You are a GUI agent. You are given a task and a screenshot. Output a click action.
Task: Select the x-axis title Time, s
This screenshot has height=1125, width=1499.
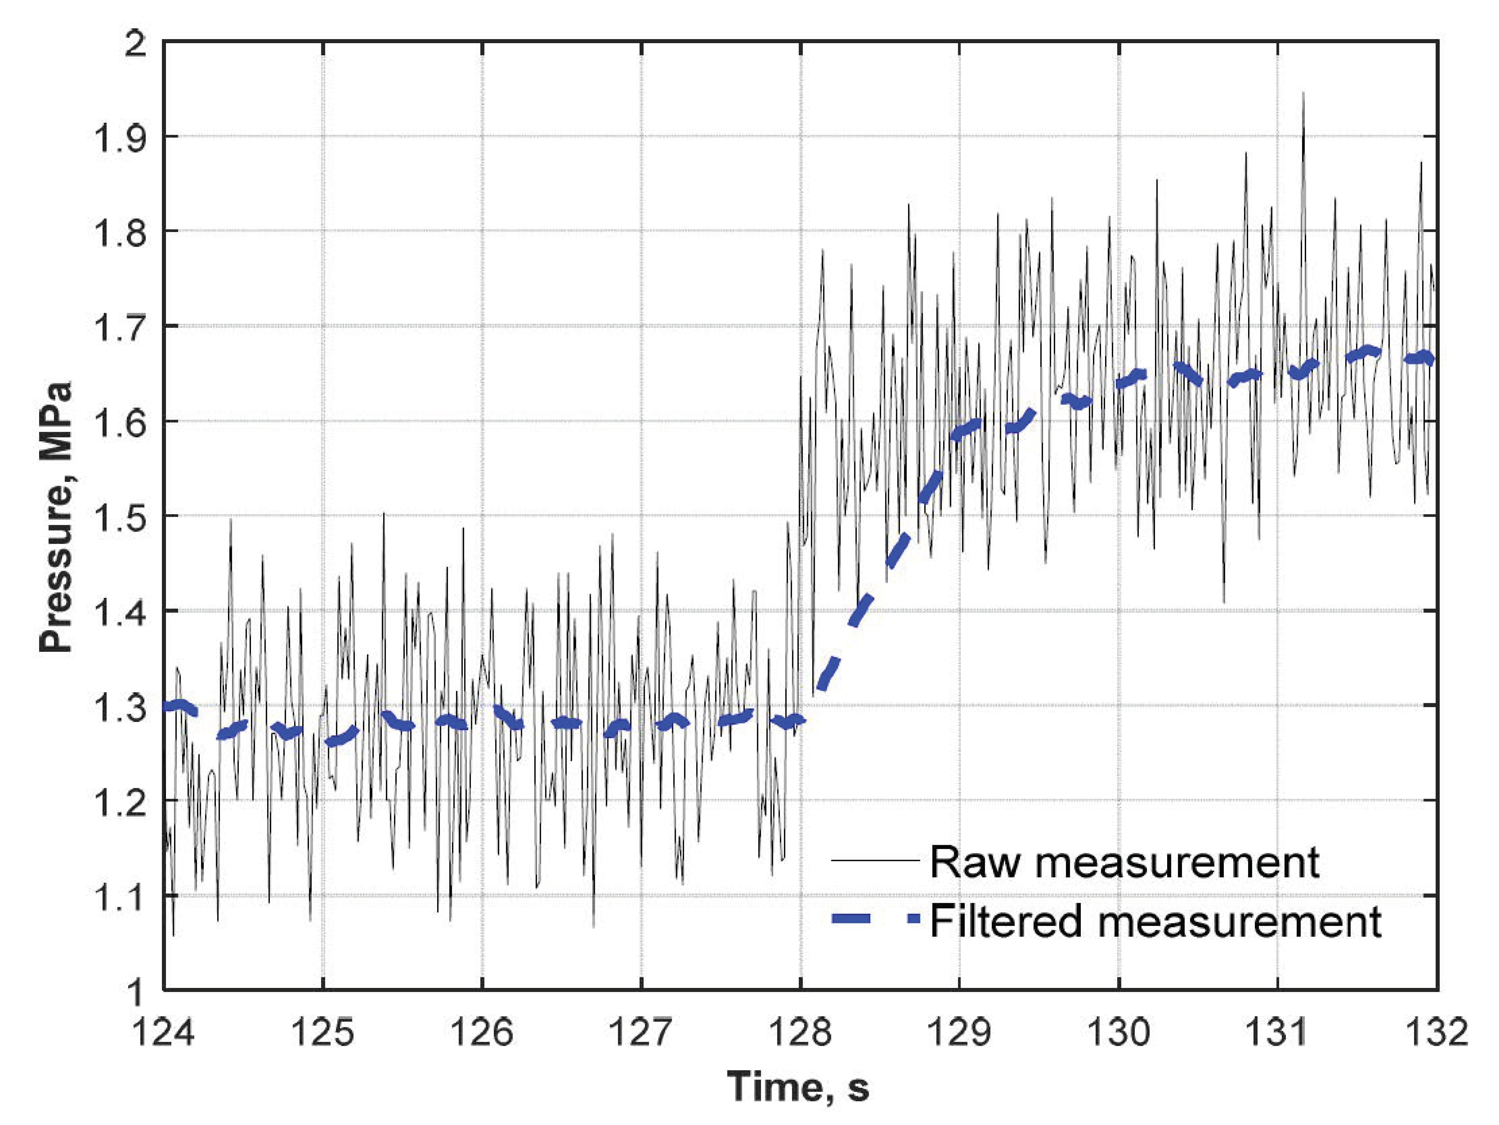click(x=798, y=1086)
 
